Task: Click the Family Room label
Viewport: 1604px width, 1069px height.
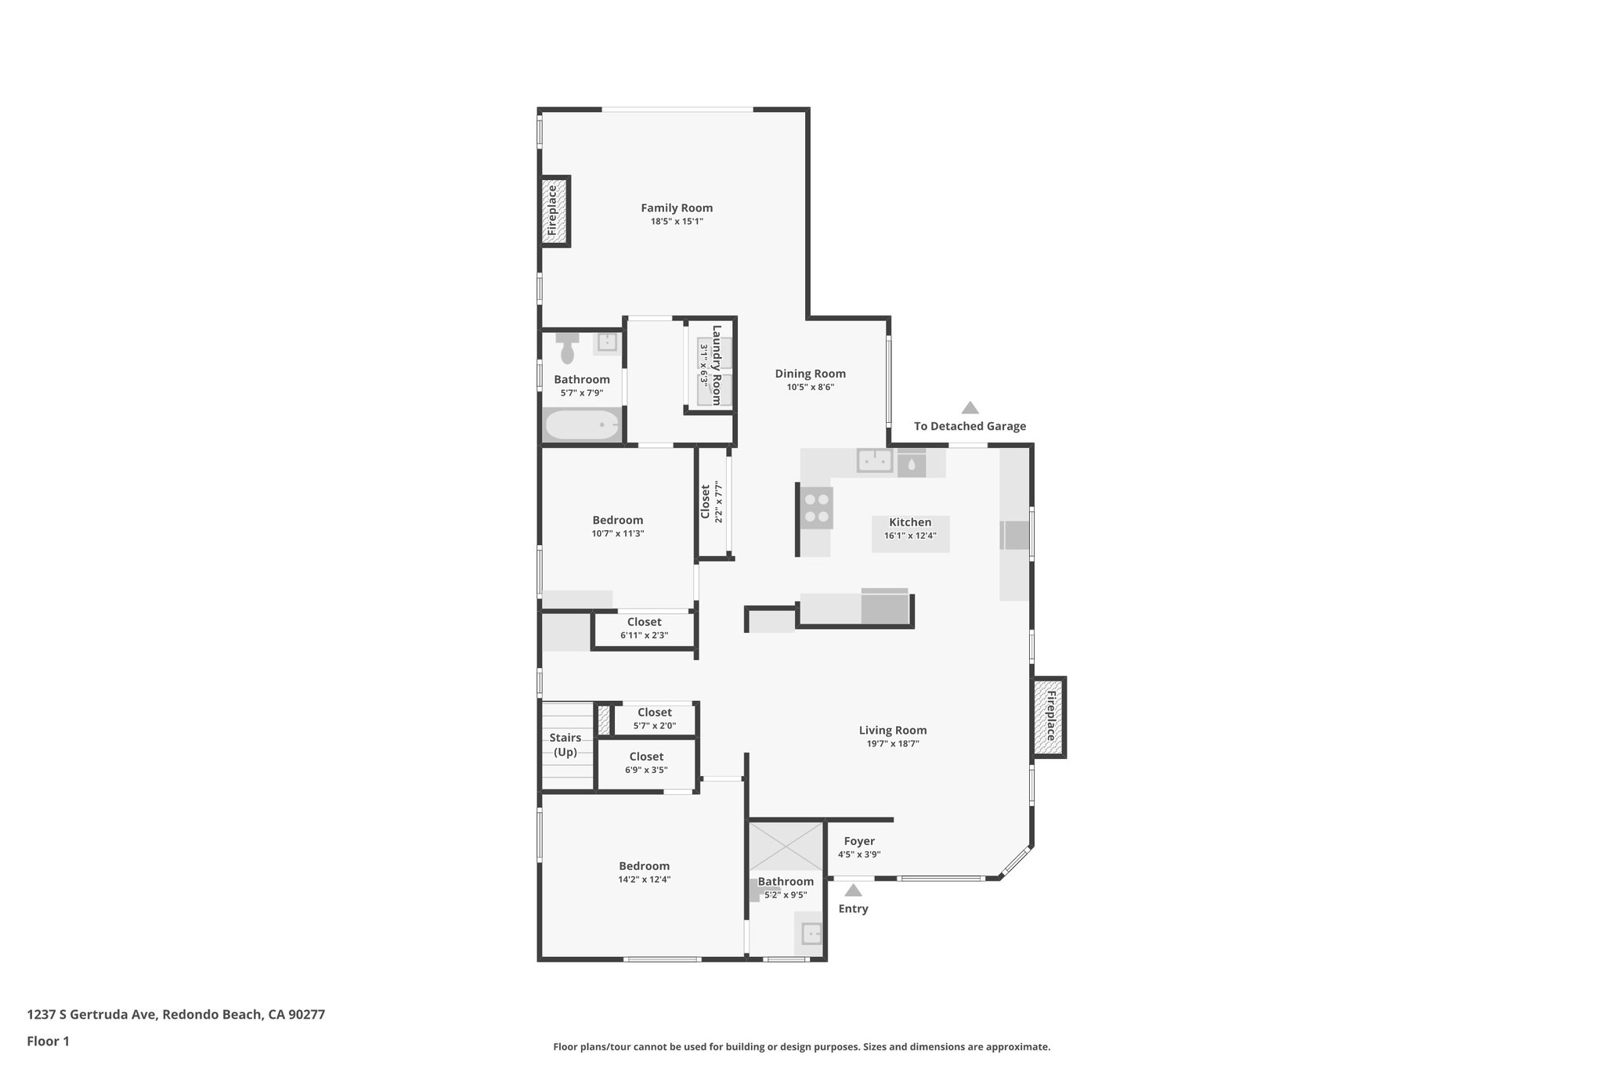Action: click(x=677, y=208)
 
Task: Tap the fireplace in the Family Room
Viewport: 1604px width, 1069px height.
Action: click(x=554, y=211)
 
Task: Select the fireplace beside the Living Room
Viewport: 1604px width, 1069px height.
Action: click(x=1049, y=717)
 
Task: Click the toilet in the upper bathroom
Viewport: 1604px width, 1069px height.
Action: click(x=567, y=348)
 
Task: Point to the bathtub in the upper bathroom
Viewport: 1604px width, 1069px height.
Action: click(x=582, y=425)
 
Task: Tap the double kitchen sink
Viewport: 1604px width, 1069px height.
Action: click(x=874, y=460)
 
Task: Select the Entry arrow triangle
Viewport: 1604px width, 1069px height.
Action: click(x=853, y=890)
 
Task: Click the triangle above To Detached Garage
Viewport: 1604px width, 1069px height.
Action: click(x=970, y=408)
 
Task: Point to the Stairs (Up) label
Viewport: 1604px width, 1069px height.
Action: click(x=565, y=745)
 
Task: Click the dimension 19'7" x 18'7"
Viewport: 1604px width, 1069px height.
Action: click(x=893, y=744)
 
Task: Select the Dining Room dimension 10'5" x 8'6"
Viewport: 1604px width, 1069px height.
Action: click(x=811, y=387)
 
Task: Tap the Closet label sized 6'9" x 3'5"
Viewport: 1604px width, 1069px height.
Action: click(x=646, y=757)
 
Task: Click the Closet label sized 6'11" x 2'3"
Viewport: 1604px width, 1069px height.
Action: click(x=644, y=622)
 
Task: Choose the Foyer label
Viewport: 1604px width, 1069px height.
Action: click(x=859, y=841)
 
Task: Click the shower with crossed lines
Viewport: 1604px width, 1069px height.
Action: click(x=786, y=845)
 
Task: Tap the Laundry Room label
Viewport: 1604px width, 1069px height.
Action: click(x=716, y=365)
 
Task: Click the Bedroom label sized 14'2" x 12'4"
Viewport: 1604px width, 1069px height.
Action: click(x=644, y=865)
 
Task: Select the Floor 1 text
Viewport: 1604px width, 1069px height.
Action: click(x=49, y=1042)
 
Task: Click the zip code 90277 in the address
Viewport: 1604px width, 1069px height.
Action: click(x=306, y=1015)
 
